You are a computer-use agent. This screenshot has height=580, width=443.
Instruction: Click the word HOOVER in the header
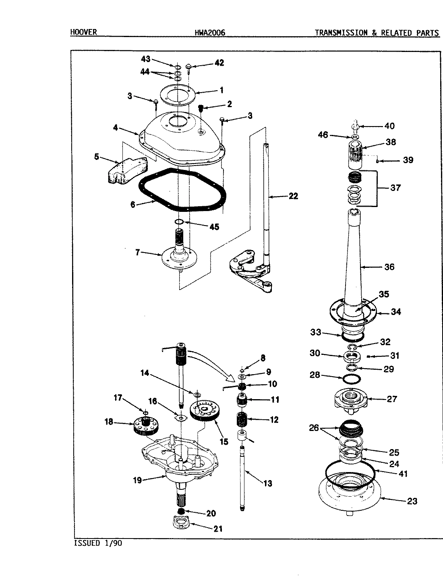[83, 32]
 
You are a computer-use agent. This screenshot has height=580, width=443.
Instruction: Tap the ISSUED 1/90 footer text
[98, 543]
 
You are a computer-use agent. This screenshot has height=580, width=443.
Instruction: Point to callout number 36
[389, 267]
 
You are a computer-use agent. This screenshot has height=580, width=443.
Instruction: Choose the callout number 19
[138, 480]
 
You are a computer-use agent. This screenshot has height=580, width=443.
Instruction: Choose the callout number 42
[219, 63]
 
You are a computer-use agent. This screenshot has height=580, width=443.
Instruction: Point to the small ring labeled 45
[180, 222]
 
